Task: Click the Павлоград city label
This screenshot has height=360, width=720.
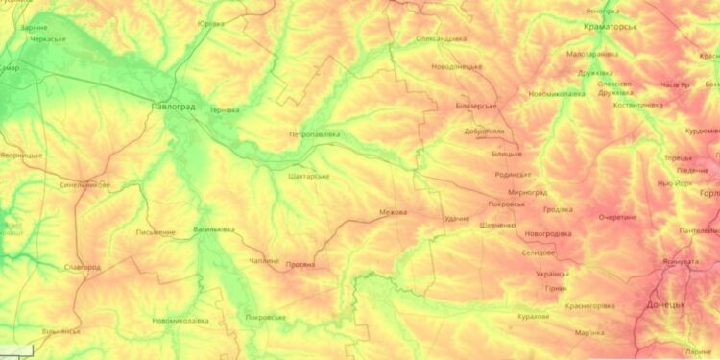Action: [173, 107]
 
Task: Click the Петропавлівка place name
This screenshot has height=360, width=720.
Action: [314, 134]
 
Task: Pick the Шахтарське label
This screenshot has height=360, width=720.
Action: [308, 177]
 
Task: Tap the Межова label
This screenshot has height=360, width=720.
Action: [393, 212]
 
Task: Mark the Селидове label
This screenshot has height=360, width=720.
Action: [538, 252]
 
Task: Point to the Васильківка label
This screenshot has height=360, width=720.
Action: [214, 229]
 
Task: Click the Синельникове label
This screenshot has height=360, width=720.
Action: [84, 184]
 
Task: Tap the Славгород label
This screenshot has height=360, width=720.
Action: [82, 267]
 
